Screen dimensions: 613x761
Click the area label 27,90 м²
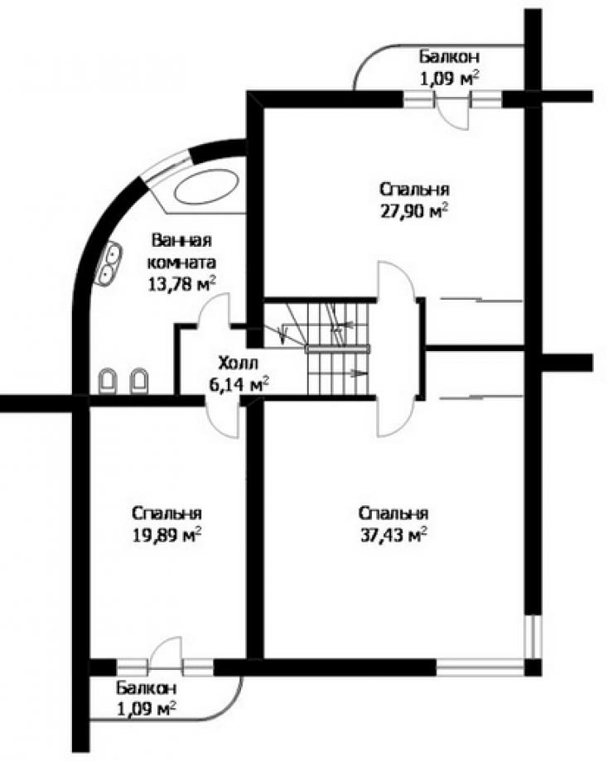click(x=413, y=212)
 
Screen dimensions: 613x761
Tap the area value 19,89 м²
click(x=167, y=535)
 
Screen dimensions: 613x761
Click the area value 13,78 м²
click(x=181, y=283)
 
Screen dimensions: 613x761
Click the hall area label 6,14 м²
click(x=239, y=385)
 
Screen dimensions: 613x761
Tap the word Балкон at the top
click(x=450, y=56)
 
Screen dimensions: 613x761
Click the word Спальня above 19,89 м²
click(x=167, y=513)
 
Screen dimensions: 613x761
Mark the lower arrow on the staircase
click(x=359, y=373)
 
